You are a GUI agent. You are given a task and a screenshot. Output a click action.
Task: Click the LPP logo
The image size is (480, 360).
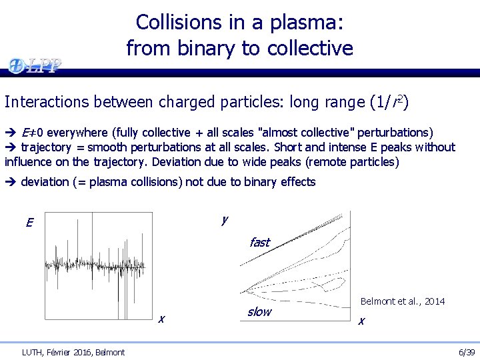[x=35, y=65]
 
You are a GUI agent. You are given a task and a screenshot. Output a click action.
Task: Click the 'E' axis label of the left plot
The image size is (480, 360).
[x=29, y=223]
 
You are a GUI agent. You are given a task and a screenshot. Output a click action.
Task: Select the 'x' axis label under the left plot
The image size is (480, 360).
[x=161, y=319]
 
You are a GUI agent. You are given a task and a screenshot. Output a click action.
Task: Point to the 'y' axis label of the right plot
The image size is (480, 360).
[x=225, y=219]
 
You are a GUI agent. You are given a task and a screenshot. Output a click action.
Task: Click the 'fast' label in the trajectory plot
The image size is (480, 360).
[x=259, y=242]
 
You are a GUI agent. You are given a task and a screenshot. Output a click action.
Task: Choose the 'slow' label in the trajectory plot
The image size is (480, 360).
[x=259, y=311]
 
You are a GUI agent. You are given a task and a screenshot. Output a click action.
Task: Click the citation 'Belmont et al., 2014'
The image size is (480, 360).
[x=403, y=301]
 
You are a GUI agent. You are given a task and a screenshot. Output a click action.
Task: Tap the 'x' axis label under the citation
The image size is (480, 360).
[x=361, y=321]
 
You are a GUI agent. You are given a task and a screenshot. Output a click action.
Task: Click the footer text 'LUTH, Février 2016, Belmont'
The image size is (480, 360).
[x=73, y=351]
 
